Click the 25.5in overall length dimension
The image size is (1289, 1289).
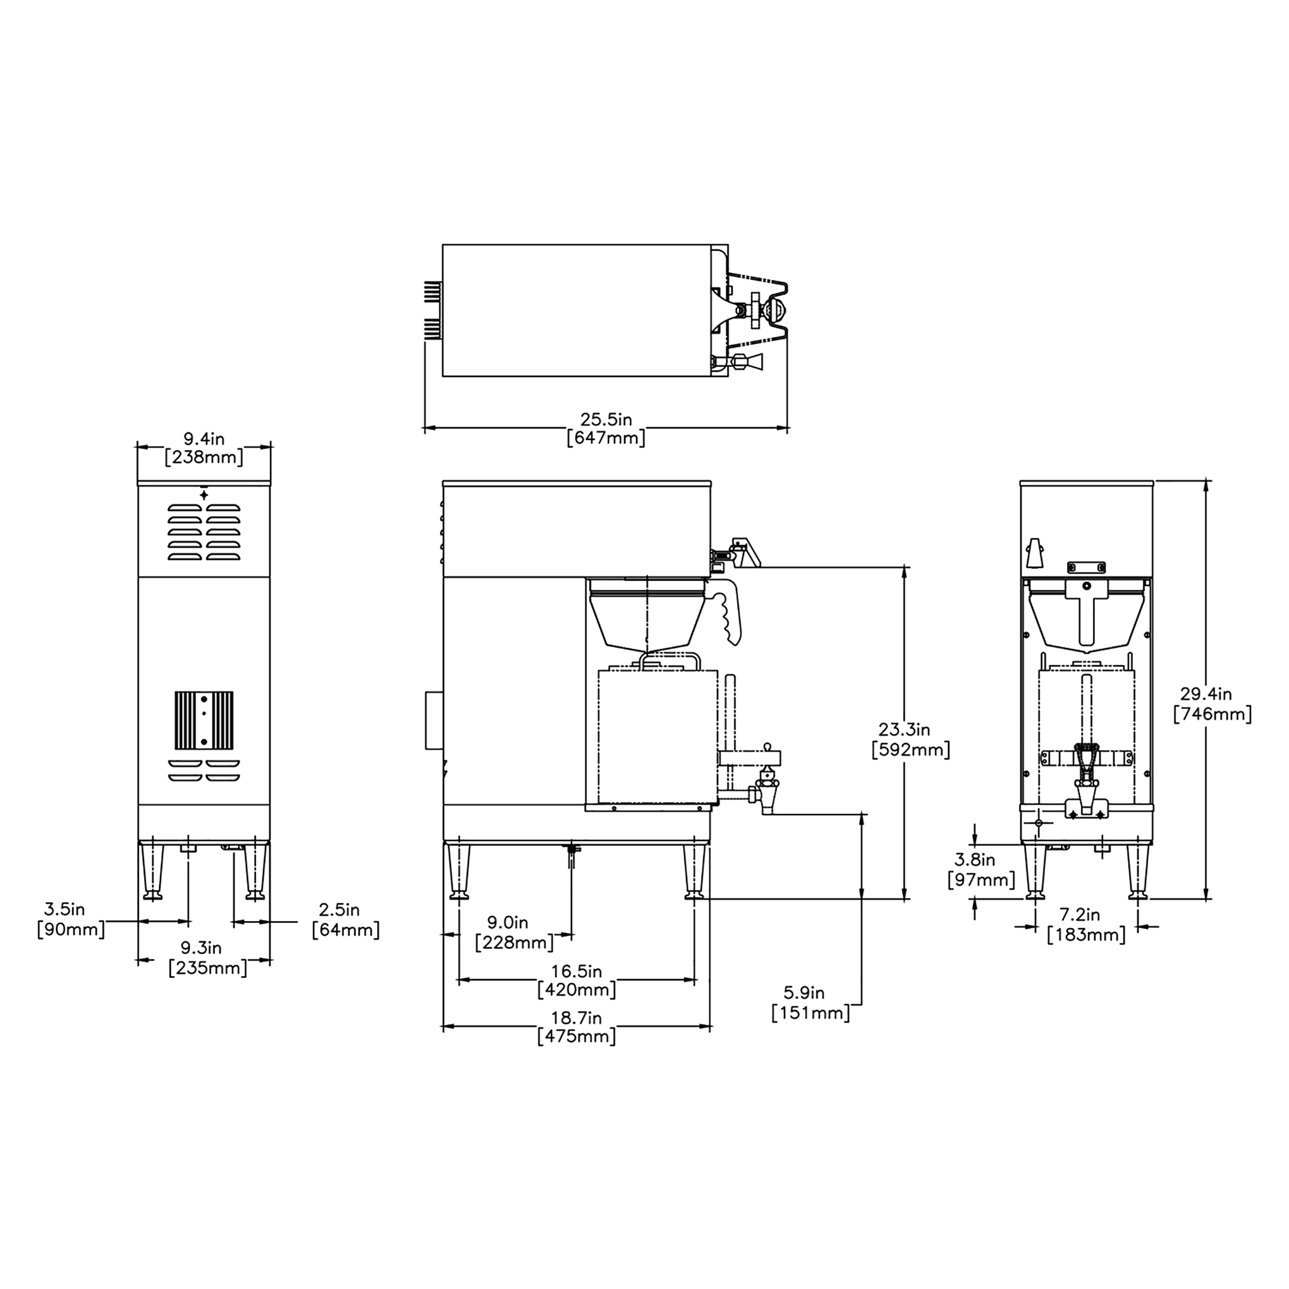click(605, 428)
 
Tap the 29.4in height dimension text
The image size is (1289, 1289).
click(1212, 704)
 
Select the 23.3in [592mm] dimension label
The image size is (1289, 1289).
click(910, 740)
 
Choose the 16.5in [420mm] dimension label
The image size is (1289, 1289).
click(576, 980)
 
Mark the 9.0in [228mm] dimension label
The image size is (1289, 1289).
click(514, 933)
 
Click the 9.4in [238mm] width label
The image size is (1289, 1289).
click(204, 448)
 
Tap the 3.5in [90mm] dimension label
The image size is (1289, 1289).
click(71, 919)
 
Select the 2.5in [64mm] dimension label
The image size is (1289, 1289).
click(345, 919)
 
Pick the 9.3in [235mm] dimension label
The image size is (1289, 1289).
click(207, 957)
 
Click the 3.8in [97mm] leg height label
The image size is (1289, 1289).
click(981, 870)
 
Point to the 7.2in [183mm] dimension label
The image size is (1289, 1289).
click(1086, 924)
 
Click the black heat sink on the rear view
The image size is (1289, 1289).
click(204, 720)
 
